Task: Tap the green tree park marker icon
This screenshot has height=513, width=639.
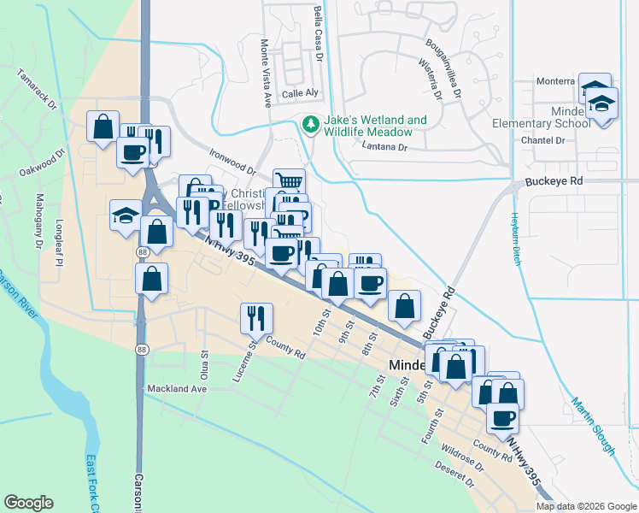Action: [x=310, y=126]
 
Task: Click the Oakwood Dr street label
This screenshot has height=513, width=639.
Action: [x=42, y=165]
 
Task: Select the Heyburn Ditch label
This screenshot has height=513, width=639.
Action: [x=517, y=239]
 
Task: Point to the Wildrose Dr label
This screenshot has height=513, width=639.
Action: [x=462, y=456]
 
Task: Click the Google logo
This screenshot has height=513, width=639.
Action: [x=29, y=503]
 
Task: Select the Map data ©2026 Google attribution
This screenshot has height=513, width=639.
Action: [x=586, y=505]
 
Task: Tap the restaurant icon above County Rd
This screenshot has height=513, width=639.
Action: [x=256, y=318]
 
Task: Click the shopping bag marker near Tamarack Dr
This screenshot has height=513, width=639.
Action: [x=103, y=127]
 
